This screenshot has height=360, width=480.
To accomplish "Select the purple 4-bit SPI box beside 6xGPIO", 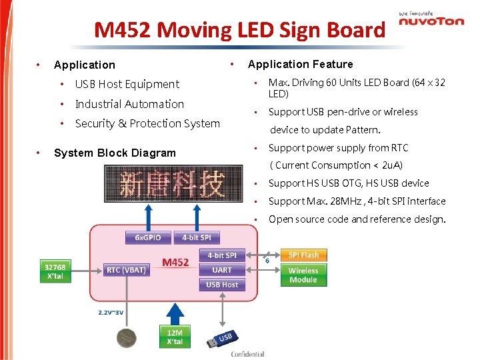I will pyautogui.click(x=197, y=238).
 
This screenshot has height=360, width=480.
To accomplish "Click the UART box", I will pyautogui.click(x=222, y=270).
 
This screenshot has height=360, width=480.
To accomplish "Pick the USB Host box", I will pyautogui.click(x=222, y=285).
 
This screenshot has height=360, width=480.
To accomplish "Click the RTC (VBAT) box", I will pyautogui.click(x=127, y=270).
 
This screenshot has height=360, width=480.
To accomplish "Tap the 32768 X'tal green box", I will pyautogui.click(x=55, y=271).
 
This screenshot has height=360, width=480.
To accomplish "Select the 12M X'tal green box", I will pyautogui.click(x=174, y=336).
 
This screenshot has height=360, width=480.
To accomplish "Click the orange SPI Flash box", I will pyautogui.click(x=303, y=255).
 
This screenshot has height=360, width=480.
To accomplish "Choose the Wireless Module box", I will pyautogui.click(x=303, y=275).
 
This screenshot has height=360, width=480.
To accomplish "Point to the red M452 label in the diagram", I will pyautogui.click(x=175, y=263).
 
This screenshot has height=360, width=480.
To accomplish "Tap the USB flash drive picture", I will pyautogui.click(x=219, y=339).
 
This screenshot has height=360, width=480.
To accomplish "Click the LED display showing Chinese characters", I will pyautogui.click(x=173, y=184).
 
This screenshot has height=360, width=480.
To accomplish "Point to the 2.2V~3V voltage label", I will pyautogui.click(x=111, y=312).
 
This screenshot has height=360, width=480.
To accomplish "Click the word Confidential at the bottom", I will pyautogui.click(x=248, y=354).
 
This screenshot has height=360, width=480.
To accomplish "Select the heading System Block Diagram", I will pyautogui.click(x=115, y=153).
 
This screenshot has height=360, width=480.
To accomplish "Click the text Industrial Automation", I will pyautogui.click(x=129, y=104).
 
